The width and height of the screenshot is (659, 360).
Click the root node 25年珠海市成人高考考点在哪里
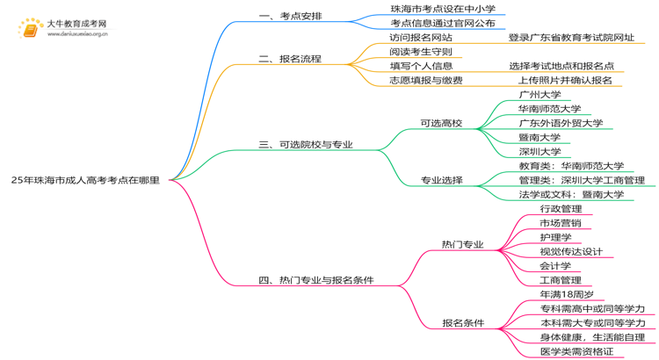pyautogui.click(x=85, y=180)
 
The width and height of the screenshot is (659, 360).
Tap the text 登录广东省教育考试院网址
pyautogui.click(x=570, y=38)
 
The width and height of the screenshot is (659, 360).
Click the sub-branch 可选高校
pyautogui.click(x=440, y=123)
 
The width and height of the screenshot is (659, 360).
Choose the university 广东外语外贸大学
pyautogui.click(x=561, y=123)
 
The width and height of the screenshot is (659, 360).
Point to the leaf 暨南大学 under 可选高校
pyautogui.click(x=540, y=137)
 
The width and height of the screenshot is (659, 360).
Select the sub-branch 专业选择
pyautogui.click(x=440, y=180)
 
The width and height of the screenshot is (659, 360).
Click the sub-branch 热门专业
pyautogui.click(x=462, y=244)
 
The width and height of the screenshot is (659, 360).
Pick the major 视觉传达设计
pyautogui.click(x=571, y=251)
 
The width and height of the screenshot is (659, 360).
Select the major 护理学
pyautogui.click(x=555, y=237)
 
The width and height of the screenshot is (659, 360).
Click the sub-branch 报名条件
pyautogui.click(x=462, y=323)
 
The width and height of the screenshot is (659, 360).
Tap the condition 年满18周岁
pyautogui.click(x=567, y=294)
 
